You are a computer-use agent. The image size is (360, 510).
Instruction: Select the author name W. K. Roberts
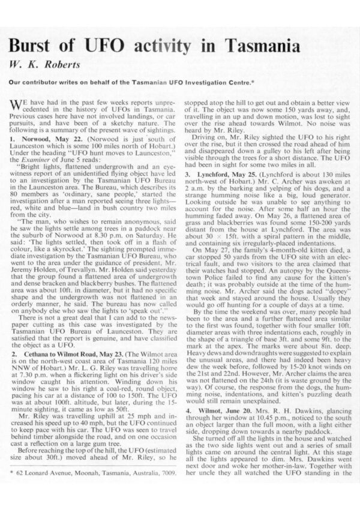43,64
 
